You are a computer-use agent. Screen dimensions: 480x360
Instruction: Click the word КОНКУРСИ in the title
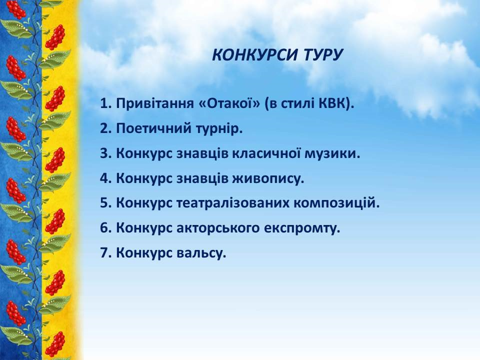click(x=254, y=55)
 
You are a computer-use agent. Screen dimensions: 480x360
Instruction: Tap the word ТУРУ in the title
click(x=323, y=55)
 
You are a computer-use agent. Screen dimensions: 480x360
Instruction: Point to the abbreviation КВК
click(x=332, y=104)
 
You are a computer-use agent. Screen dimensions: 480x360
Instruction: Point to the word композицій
click(x=334, y=203)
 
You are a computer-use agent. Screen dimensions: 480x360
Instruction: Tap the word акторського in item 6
click(x=217, y=228)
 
